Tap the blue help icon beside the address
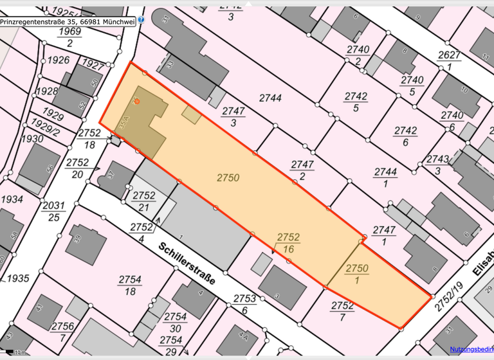pos(142,20)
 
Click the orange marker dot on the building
pos(137,102)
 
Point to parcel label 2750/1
pos(358,274)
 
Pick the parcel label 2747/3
pos(233,117)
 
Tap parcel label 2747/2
pos(302,170)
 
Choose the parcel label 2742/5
pos(355,102)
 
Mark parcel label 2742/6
pos(405,136)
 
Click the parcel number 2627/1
pos(449,60)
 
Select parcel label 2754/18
pos(130,285)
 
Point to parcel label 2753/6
pos(244,304)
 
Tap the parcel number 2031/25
pos(54,211)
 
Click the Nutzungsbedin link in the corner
pos(471,349)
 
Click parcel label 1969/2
pos(70,37)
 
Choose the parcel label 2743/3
pos(438,165)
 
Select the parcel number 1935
pos(19,278)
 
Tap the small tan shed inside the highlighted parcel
pos(191,114)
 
